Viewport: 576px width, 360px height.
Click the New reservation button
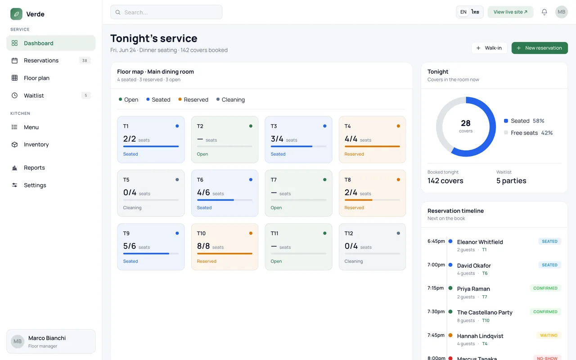(x=540, y=48)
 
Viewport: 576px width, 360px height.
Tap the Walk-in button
(x=489, y=48)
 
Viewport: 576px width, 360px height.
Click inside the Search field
(x=166, y=12)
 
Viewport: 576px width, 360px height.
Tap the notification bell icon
(x=544, y=12)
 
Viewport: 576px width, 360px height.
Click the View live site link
(x=510, y=12)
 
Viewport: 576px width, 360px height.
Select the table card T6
(x=225, y=193)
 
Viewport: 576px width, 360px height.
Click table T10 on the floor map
(x=225, y=247)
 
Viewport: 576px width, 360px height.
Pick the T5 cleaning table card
(x=151, y=193)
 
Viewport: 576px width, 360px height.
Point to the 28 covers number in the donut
(x=466, y=123)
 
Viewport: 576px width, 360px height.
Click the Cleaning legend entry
(x=231, y=99)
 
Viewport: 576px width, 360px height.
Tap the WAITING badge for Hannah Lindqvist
(x=549, y=335)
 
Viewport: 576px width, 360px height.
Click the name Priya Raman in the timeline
(x=473, y=289)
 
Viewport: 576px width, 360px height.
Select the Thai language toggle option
(x=475, y=12)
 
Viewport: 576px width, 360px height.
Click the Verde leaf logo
(x=16, y=14)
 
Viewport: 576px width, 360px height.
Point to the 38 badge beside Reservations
(x=85, y=60)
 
